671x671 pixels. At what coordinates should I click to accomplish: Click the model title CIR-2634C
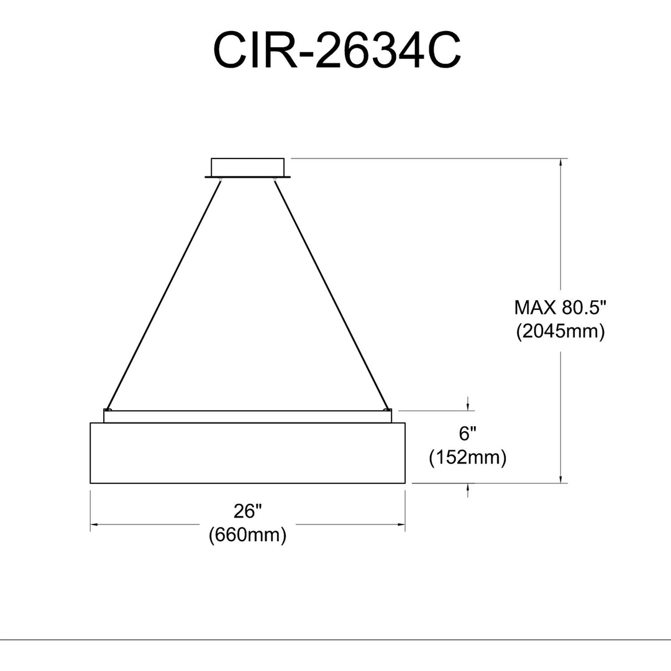(337, 50)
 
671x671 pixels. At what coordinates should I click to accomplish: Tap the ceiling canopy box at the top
(247, 168)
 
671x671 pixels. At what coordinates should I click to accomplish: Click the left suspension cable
(164, 294)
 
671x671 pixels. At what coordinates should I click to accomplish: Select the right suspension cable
(331, 294)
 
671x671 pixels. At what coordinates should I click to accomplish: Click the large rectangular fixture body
(247, 453)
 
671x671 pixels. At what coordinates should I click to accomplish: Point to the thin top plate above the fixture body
(247, 416)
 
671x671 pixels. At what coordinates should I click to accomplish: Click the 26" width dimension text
(247, 511)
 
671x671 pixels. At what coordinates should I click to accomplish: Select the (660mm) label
(247, 535)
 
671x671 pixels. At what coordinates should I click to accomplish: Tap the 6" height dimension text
(467, 434)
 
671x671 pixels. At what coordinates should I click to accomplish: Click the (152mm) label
(467, 458)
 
